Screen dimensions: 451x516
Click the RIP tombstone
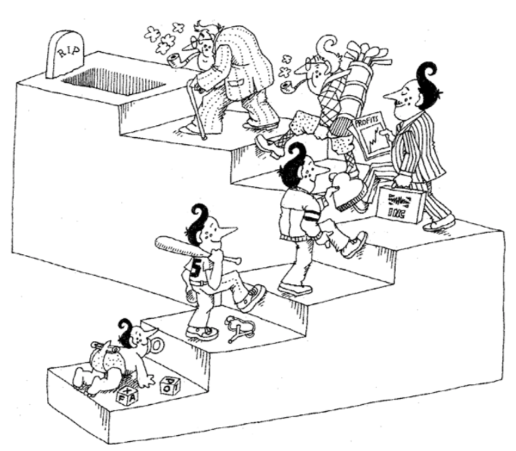[65, 54]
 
